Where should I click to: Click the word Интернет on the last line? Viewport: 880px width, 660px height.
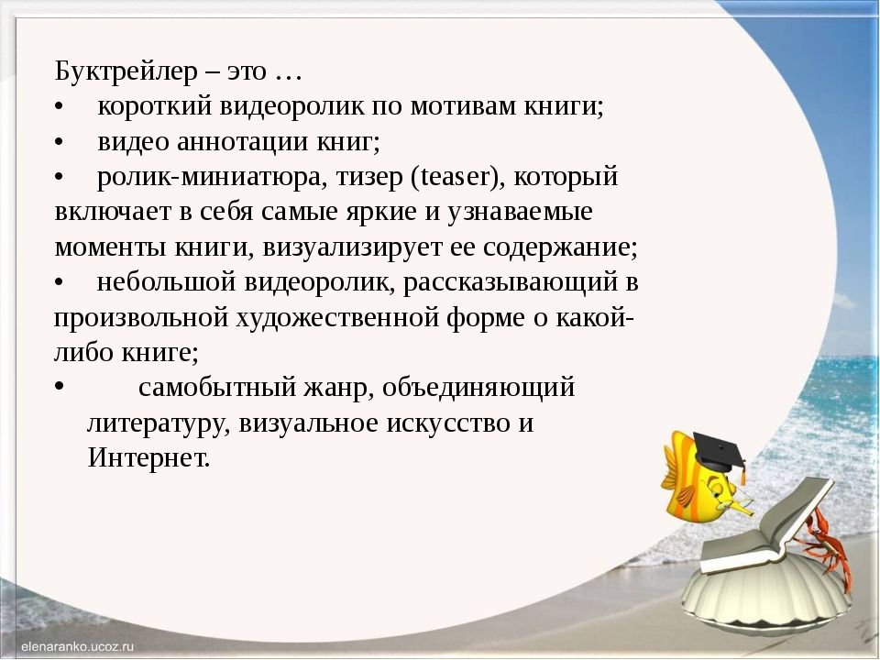tap(148, 457)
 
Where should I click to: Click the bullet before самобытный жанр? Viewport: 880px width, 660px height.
tap(58, 387)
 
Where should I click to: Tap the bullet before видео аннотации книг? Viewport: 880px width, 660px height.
tap(58, 142)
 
